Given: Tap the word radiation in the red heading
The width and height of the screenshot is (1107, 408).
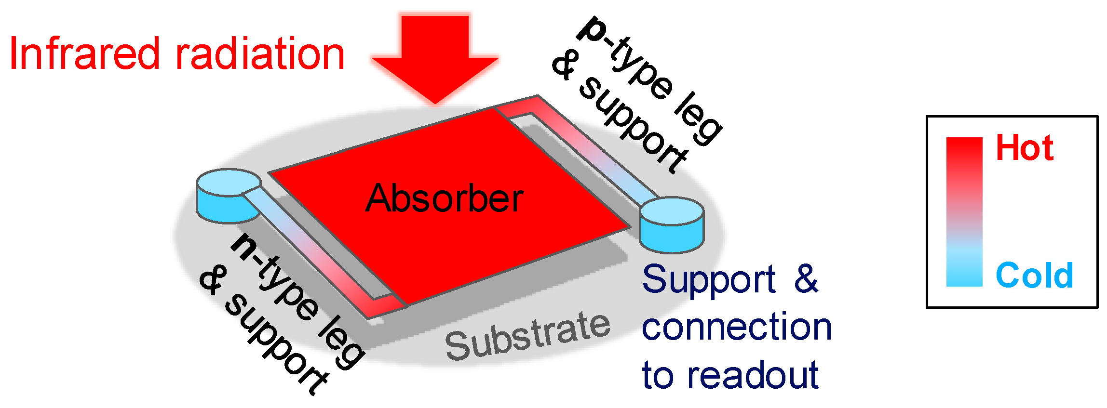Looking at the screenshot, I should tap(260, 54).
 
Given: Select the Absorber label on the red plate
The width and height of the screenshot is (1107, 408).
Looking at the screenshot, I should tap(445, 198).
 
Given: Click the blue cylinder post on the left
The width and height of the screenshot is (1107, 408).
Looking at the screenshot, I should tap(227, 197).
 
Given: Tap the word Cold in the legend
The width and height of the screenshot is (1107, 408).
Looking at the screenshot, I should tap(1034, 276).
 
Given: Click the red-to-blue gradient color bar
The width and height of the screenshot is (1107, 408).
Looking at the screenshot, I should tap(964, 212).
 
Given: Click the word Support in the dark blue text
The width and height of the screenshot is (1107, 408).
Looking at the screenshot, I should tap(709, 279).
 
